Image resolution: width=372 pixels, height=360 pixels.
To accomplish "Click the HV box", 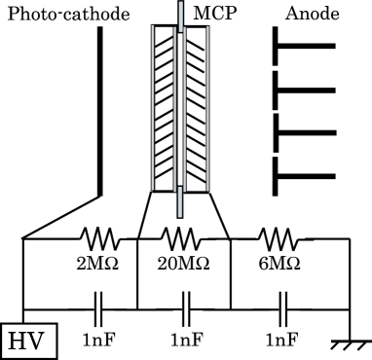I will coord(29,341).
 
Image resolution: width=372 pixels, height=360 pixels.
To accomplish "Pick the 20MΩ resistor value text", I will coord(184,263).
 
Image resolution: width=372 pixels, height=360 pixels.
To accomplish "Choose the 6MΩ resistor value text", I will coord(279,263).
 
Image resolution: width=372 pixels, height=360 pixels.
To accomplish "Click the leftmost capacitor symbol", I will coord(98,310).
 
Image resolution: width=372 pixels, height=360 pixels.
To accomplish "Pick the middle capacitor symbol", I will coord(185,310).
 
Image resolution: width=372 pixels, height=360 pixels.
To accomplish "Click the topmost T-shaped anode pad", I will coord(302,46).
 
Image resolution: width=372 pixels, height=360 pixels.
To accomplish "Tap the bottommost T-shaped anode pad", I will coord(302,175).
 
